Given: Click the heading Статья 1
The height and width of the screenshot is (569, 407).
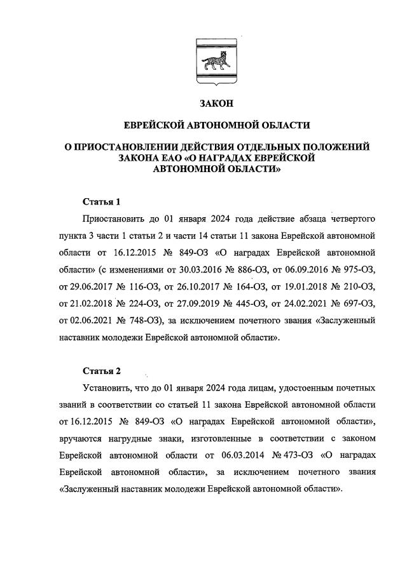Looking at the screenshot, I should (102, 202).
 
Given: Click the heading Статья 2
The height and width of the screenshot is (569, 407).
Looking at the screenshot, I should (102, 370).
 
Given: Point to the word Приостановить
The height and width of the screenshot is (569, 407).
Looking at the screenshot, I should (112, 219).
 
